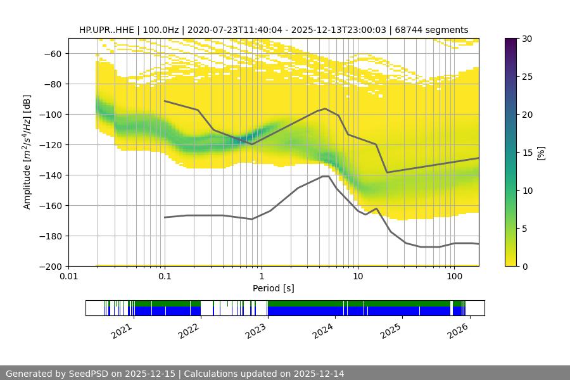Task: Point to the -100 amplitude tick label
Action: click(51, 114)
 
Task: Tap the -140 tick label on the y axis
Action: click(51, 175)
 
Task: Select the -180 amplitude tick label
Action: click(51, 236)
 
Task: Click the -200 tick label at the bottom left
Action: click(51, 266)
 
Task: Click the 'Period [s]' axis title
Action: click(274, 288)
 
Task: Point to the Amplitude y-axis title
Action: click(27, 152)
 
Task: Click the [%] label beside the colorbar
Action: click(541, 152)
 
